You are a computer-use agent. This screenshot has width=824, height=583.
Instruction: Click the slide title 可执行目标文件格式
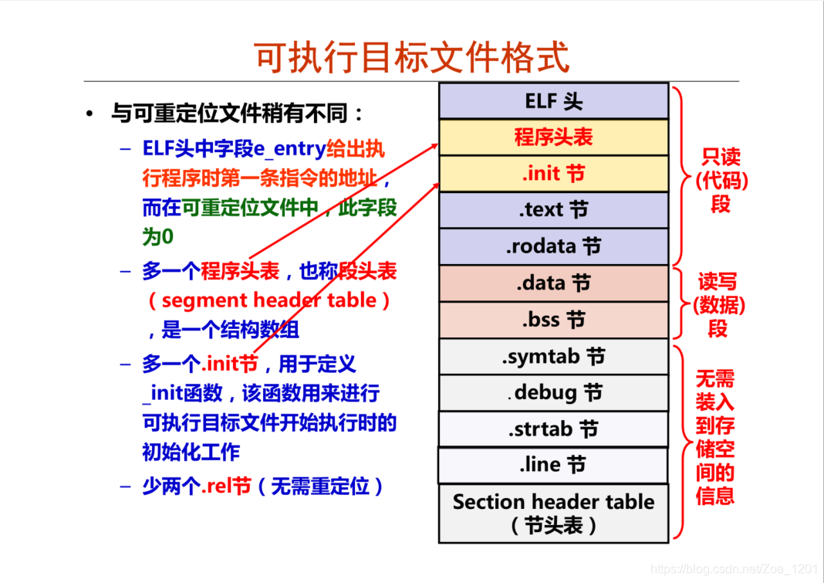(413, 58)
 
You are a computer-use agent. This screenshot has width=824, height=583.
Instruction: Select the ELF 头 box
(553, 101)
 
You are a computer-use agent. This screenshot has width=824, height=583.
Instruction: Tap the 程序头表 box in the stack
(553, 137)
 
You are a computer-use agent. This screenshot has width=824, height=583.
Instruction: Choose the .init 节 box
(553, 174)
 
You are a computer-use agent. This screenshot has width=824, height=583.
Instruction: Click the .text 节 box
(553, 210)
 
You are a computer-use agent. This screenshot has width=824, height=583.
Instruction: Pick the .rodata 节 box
(553, 247)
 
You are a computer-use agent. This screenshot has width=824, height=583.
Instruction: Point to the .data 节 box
(553, 283)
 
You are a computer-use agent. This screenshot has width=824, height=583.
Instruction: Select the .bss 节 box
(553, 320)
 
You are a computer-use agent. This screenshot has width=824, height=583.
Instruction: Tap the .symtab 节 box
(553, 357)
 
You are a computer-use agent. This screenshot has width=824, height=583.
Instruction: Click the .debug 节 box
(553, 393)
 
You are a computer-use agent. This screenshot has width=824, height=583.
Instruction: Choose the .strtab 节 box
(553, 429)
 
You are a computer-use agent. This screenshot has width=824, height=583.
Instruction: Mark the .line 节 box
(553, 465)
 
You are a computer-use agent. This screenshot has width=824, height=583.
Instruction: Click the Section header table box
(553, 513)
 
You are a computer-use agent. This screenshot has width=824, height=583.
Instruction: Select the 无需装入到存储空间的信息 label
(715, 437)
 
